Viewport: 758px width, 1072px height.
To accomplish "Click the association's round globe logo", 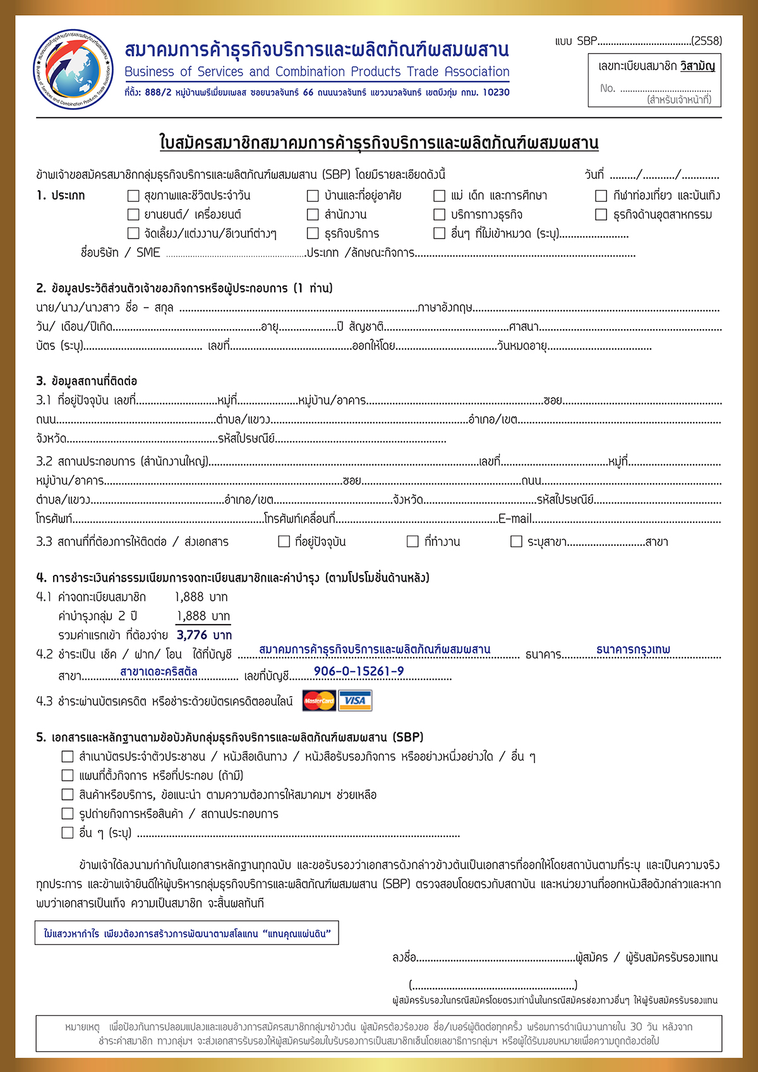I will (x=74, y=69).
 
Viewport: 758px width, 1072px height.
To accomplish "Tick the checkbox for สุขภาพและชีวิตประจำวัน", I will (x=133, y=196).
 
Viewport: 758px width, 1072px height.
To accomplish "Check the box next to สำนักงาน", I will (x=313, y=215).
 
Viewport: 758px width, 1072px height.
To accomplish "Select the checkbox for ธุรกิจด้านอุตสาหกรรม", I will (x=601, y=215).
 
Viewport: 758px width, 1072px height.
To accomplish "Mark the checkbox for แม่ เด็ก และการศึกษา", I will (x=440, y=196).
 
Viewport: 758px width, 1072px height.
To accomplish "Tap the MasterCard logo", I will (x=319, y=701).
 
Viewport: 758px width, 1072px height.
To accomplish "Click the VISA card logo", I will (x=355, y=701).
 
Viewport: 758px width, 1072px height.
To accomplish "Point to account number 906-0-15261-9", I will (x=359, y=671).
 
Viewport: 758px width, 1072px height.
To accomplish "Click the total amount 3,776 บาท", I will (x=204, y=635).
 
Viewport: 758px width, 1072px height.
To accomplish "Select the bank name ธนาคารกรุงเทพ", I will (x=633, y=649).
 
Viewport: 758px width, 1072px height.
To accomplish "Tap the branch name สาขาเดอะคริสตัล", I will (x=159, y=672).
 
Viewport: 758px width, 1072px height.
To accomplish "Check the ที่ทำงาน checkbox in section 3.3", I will (x=412, y=541).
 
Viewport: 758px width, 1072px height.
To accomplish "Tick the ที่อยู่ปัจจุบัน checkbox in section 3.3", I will (x=284, y=541).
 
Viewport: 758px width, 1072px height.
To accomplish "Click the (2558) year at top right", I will (x=706, y=41).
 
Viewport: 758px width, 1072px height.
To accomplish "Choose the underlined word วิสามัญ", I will (x=697, y=66).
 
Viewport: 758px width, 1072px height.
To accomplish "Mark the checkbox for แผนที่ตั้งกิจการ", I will (x=68, y=775).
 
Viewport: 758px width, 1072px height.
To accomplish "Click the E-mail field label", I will (x=515, y=519).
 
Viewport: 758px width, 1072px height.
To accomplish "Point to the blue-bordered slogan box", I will (x=187, y=933).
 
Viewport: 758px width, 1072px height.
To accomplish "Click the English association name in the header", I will (x=316, y=71).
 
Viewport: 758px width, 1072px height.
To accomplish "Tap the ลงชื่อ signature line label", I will (x=404, y=958).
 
